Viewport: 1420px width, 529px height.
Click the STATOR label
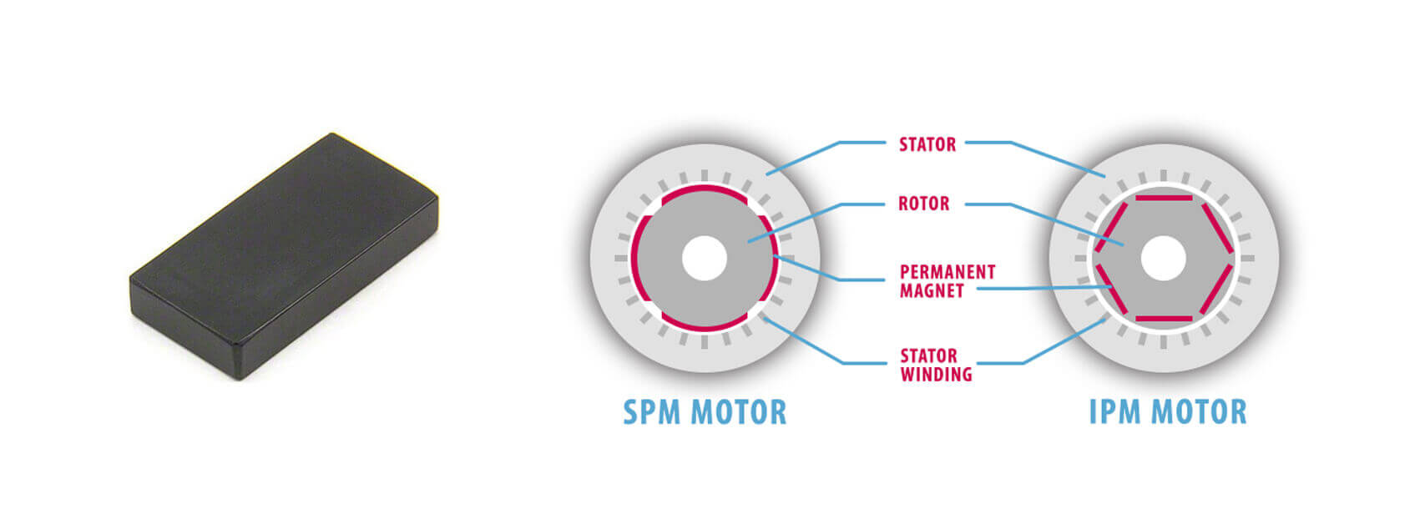click(x=927, y=144)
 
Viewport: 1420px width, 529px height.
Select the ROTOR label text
click(x=923, y=204)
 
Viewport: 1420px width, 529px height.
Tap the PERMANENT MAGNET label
click(x=947, y=281)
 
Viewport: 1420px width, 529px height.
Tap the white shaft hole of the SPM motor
click(x=705, y=259)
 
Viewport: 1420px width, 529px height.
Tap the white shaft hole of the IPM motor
click(x=1162, y=259)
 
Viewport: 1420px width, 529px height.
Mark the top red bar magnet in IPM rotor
click(x=1162, y=199)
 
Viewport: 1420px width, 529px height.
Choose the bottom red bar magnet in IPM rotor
click(x=1162, y=318)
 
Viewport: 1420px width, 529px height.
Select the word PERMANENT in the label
click(x=947, y=272)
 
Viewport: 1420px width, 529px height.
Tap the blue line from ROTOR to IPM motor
click(x=1060, y=221)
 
